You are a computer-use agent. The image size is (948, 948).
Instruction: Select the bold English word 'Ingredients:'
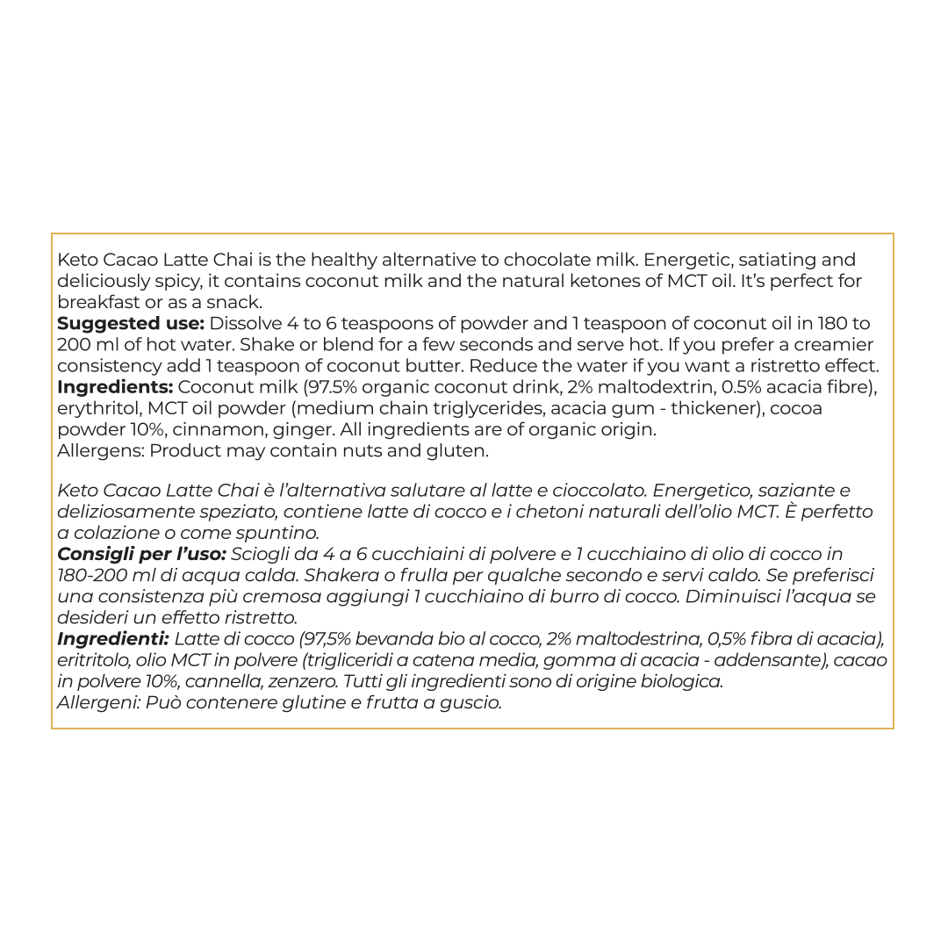pyautogui.click(x=114, y=387)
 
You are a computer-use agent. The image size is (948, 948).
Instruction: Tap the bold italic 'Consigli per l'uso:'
pyautogui.click(x=141, y=554)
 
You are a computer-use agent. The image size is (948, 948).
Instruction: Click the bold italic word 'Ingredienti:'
pyautogui.click(x=112, y=638)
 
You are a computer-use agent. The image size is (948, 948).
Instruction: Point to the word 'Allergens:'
pyautogui.click(x=100, y=451)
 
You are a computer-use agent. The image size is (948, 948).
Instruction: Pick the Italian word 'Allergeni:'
pyautogui.click(x=98, y=702)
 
